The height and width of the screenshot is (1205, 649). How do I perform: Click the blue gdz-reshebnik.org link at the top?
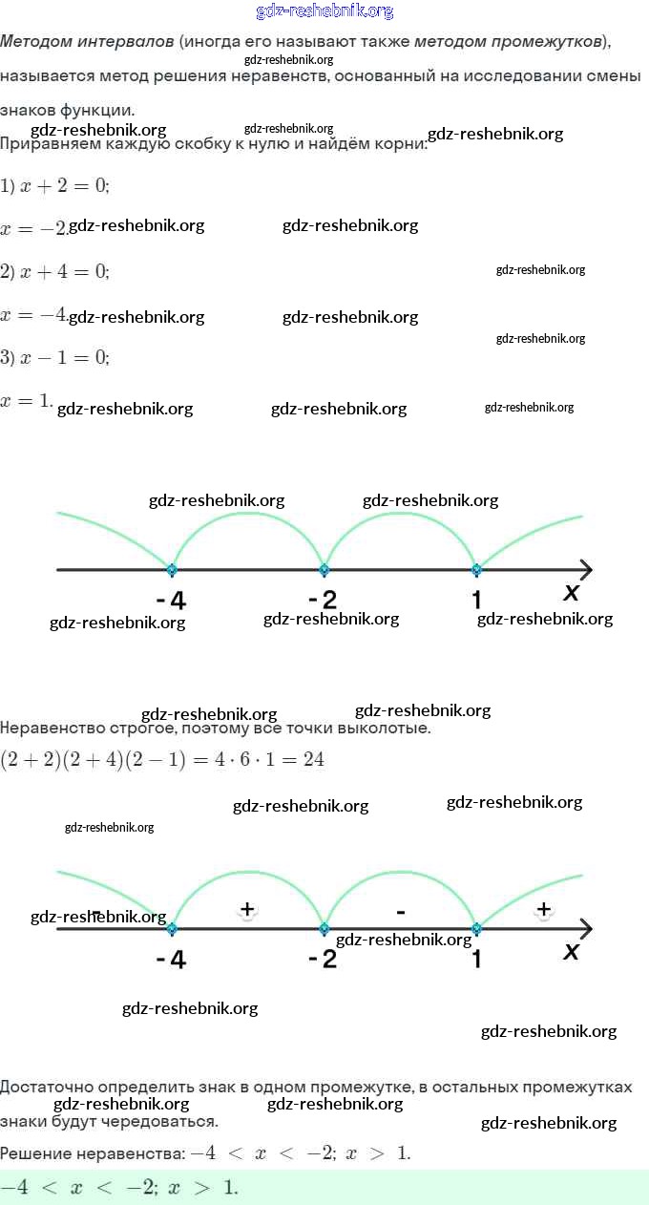tap(324, 11)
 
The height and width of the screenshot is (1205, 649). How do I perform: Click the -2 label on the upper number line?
tap(323, 601)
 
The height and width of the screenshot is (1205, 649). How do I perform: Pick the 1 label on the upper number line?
tap(476, 600)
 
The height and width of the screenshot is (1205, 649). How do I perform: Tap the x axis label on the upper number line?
tap(572, 592)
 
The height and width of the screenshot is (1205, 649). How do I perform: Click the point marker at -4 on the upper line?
tap(172, 570)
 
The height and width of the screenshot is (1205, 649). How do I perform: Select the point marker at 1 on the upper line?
tap(476, 570)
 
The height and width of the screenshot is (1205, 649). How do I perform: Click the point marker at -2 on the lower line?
tap(324, 928)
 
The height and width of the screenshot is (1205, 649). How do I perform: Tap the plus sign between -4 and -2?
tap(247, 909)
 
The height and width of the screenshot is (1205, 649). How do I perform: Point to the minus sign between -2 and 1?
tap(400, 913)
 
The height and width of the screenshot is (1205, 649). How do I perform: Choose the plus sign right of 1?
tap(543, 909)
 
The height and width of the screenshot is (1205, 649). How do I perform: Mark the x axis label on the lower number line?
tap(572, 951)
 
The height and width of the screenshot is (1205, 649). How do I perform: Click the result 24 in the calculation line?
tap(314, 760)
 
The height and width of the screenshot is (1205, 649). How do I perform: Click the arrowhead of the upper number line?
tap(584, 570)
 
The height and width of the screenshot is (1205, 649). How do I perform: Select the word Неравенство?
tap(49, 729)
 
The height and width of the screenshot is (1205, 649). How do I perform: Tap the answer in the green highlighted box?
tap(119, 1188)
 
